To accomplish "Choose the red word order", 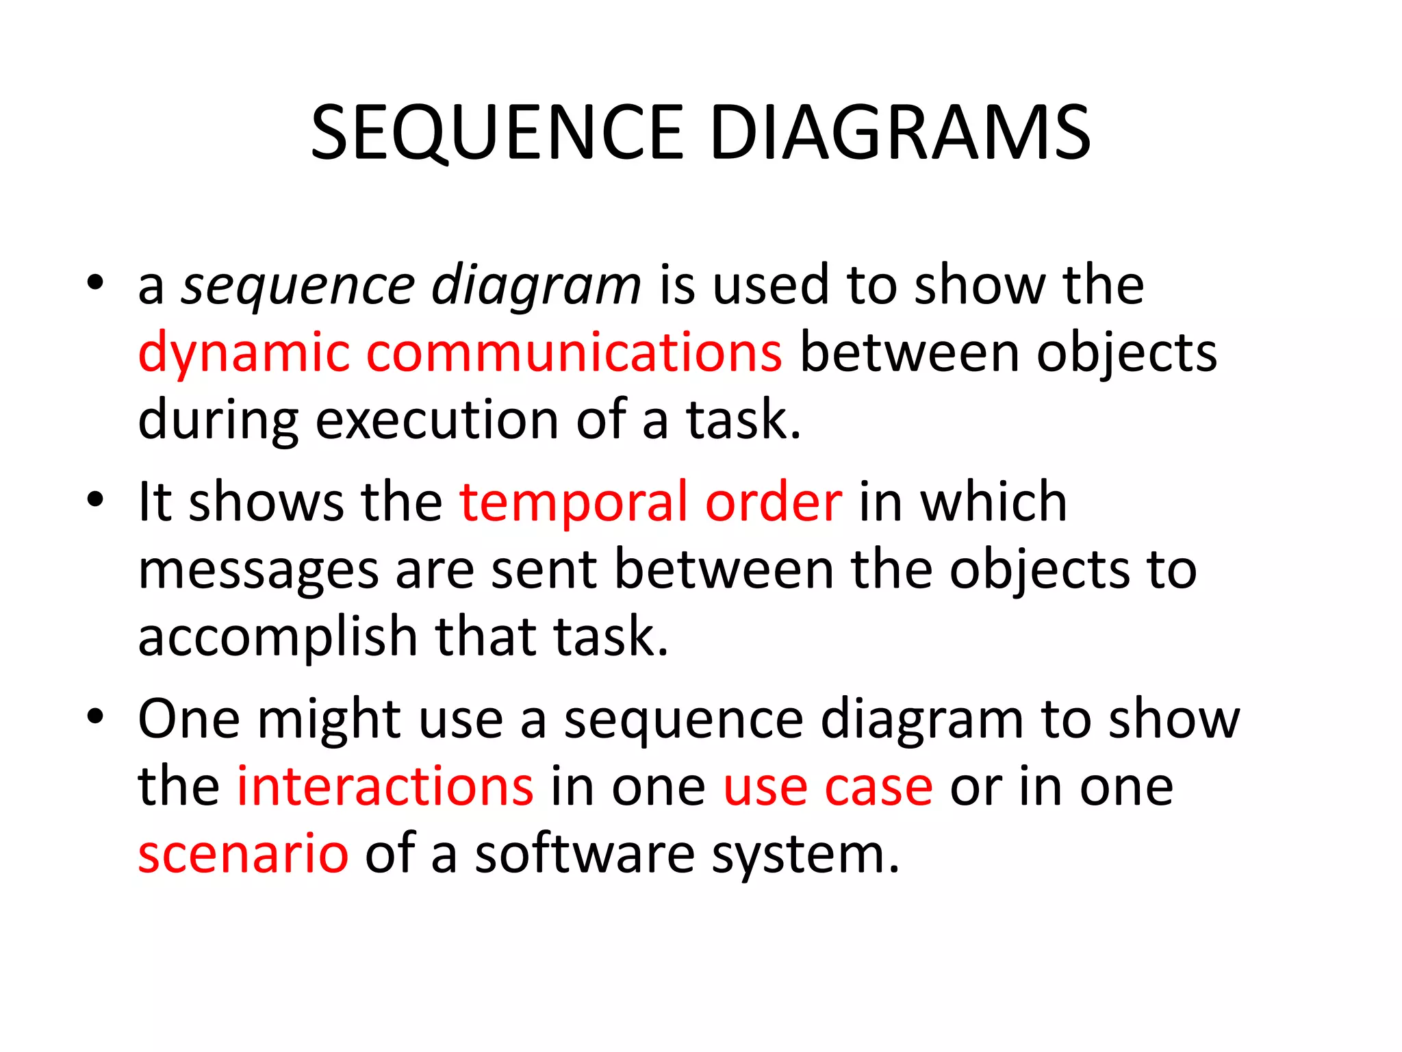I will click(774, 501).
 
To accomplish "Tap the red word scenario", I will click(243, 854).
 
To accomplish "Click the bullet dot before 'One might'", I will click(95, 716).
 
